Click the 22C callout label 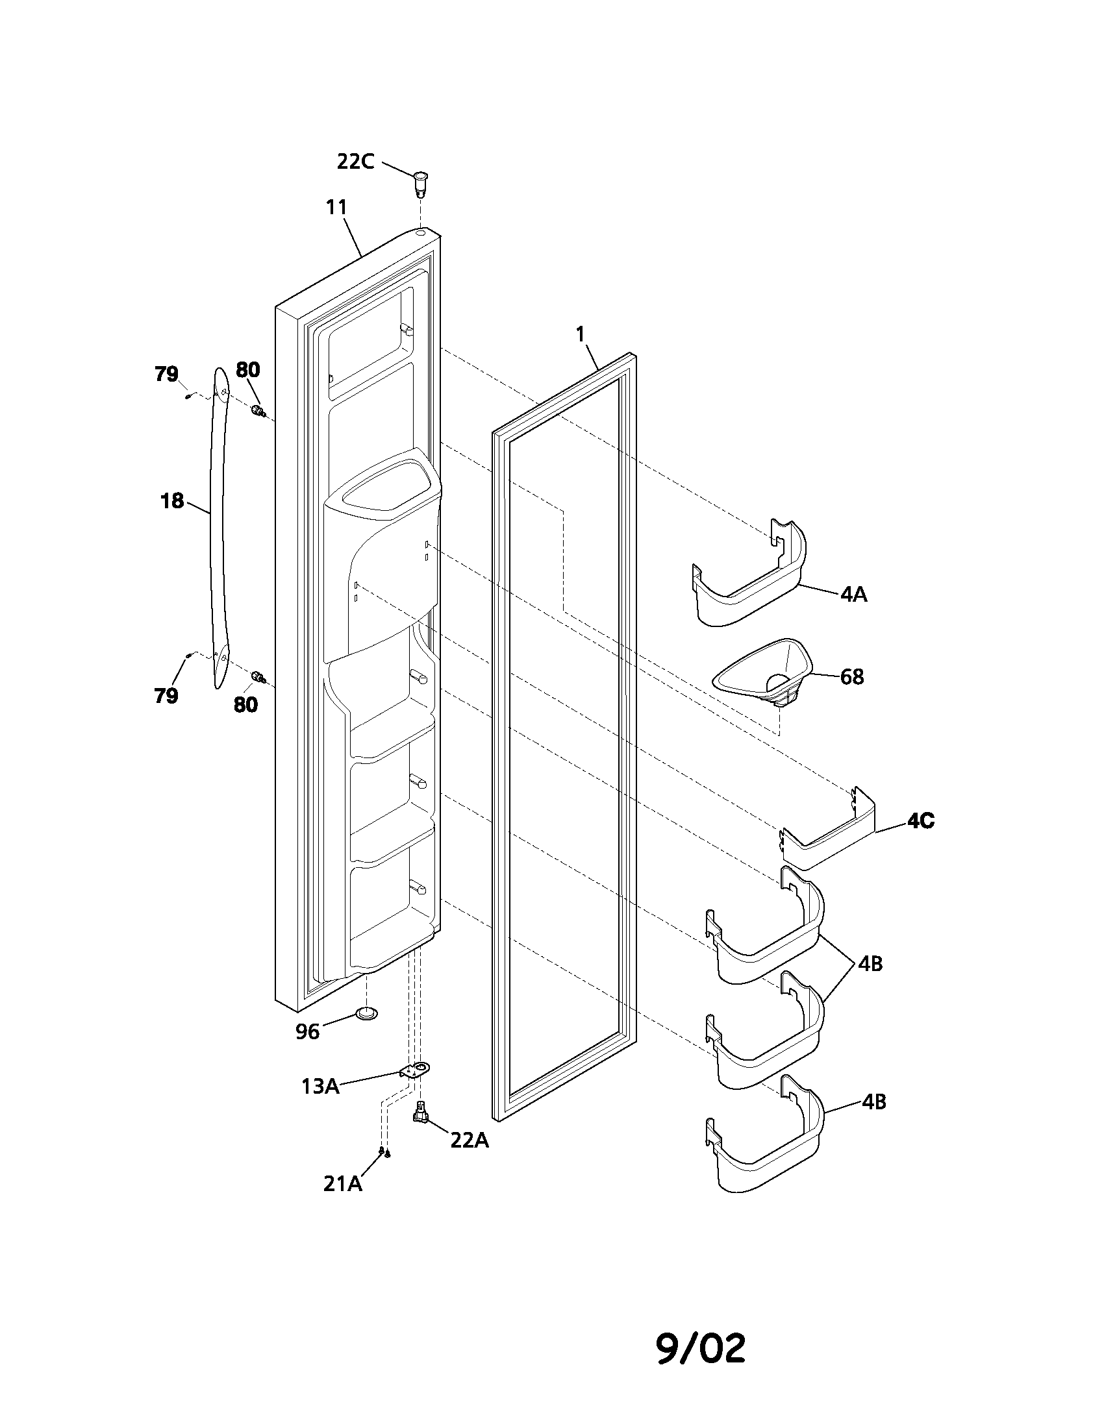(355, 161)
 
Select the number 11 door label (336, 207)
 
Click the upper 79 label (166, 374)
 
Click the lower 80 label (246, 705)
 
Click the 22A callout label (470, 1140)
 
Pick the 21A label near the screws (343, 1184)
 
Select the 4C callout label (921, 821)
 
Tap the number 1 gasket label (580, 334)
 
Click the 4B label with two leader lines (870, 964)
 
